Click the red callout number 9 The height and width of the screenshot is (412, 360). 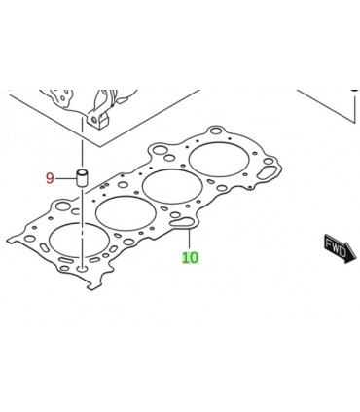pyautogui.click(x=50, y=178)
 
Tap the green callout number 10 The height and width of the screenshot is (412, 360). pyautogui.click(x=190, y=258)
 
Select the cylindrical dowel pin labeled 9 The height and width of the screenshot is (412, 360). pyautogui.click(x=82, y=177)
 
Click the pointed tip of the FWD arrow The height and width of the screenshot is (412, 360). pyautogui.click(x=356, y=256)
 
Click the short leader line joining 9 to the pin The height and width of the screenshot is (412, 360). pyautogui.click(x=65, y=178)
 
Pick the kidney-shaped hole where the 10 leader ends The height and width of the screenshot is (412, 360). pyautogui.click(x=182, y=222)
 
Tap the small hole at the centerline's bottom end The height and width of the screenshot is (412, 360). pyautogui.click(x=82, y=269)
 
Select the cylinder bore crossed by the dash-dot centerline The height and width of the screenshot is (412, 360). pyautogui.click(x=79, y=240)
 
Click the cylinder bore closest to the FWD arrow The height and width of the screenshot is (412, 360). pyautogui.click(x=219, y=160)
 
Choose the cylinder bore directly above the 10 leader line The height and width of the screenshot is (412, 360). pyautogui.click(x=172, y=186)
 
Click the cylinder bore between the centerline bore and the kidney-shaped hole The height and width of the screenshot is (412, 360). pyautogui.click(x=126, y=213)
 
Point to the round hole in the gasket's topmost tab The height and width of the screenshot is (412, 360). pyautogui.click(x=216, y=131)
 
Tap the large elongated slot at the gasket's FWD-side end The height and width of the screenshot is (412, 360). pyautogui.click(x=266, y=172)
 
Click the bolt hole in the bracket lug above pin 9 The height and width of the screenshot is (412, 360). pyautogui.click(x=94, y=120)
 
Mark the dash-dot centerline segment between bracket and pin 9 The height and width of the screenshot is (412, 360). pyautogui.click(x=82, y=143)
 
